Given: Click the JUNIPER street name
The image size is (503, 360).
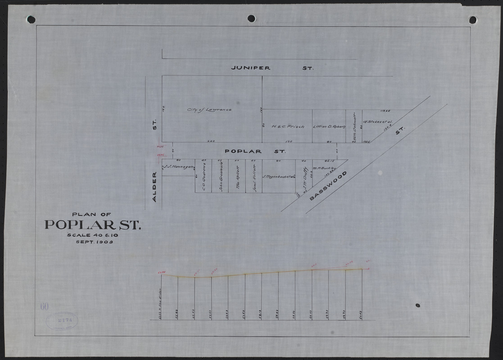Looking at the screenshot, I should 250,68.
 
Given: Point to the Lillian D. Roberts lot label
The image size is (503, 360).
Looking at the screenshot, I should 329,126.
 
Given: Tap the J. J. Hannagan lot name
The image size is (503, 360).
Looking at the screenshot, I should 178,166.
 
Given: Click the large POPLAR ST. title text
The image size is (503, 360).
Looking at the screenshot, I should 93,225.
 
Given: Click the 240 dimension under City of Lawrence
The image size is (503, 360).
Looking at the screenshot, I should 210,141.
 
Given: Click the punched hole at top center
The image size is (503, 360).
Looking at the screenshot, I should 251,18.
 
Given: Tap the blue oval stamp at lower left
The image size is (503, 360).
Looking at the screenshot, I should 62,320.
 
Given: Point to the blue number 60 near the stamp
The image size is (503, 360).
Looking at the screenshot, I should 44,307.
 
